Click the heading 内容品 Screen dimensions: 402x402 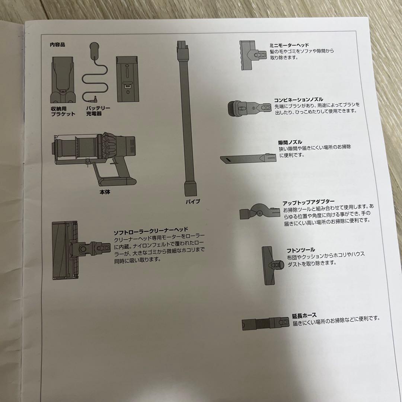point(57,45)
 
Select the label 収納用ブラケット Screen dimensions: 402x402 point(63,111)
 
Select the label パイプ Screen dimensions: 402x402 point(193,201)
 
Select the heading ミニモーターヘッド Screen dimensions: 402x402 point(289,45)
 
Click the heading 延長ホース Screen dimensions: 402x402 point(304,315)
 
